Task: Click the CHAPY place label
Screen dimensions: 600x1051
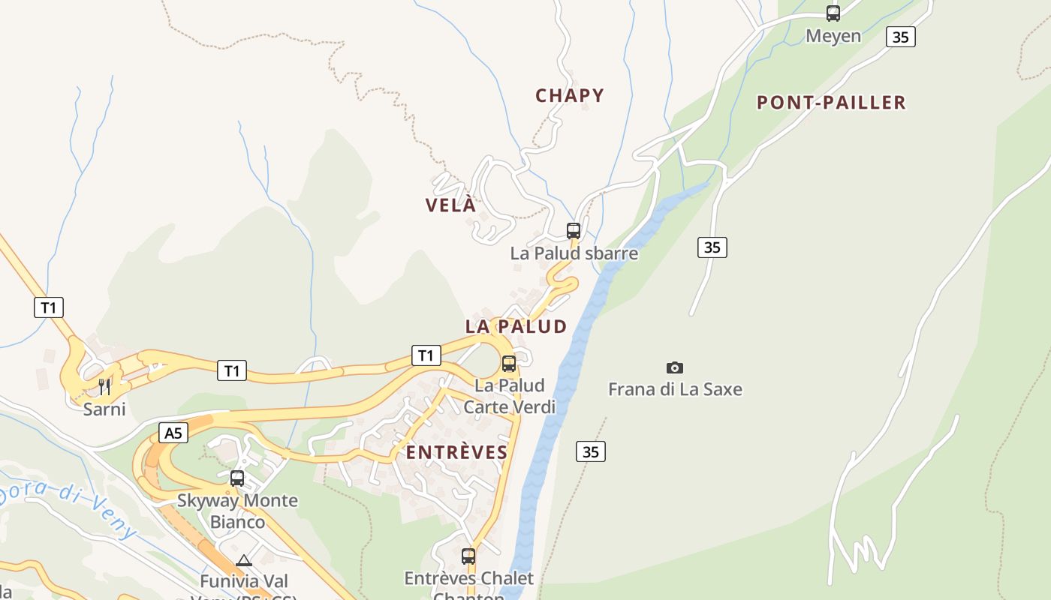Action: pyautogui.click(x=570, y=95)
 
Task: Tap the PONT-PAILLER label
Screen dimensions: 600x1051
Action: pyautogui.click(x=831, y=102)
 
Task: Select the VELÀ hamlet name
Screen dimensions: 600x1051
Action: pyautogui.click(x=451, y=205)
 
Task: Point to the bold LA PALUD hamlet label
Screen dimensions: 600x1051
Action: pyautogui.click(x=516, y=326)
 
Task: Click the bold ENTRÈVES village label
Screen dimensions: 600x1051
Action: pyautogui.click(x=457, y=452)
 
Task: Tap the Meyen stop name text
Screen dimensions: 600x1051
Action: pyautogui.click(x=833, y=35)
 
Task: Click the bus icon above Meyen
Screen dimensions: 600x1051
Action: pyautogui.click(x=833, y=13)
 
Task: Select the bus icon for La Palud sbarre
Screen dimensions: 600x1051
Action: pyautogui.click(x=574, y=230)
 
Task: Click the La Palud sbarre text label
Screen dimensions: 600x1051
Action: pyautogui.click(x=574, y=253)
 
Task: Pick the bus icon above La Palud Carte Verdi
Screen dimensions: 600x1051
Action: pyautogui.click(x=509, y=364)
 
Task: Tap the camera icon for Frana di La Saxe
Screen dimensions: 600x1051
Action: pyautogui.click(x=675, y=367)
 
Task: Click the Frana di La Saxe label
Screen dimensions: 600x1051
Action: pyautogui.click(x=675, y=389)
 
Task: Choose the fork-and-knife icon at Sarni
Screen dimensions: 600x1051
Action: pyautogui.click(x=104, y=387)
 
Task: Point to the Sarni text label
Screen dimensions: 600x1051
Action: pyautogui.click(x=104, y=409)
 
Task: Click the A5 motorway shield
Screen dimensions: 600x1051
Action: pyautogui.click(x=173, y=433)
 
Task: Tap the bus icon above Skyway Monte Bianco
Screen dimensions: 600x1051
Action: pyautogui.click(x=237, y=478)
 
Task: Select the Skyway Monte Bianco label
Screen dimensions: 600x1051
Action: pyautogui.click(x=237, y=511)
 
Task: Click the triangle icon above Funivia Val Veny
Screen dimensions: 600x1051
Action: pyautogui.click(x=243, y=560)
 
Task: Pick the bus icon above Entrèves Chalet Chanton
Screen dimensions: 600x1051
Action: pyautogui.click(x=468, y=556)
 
